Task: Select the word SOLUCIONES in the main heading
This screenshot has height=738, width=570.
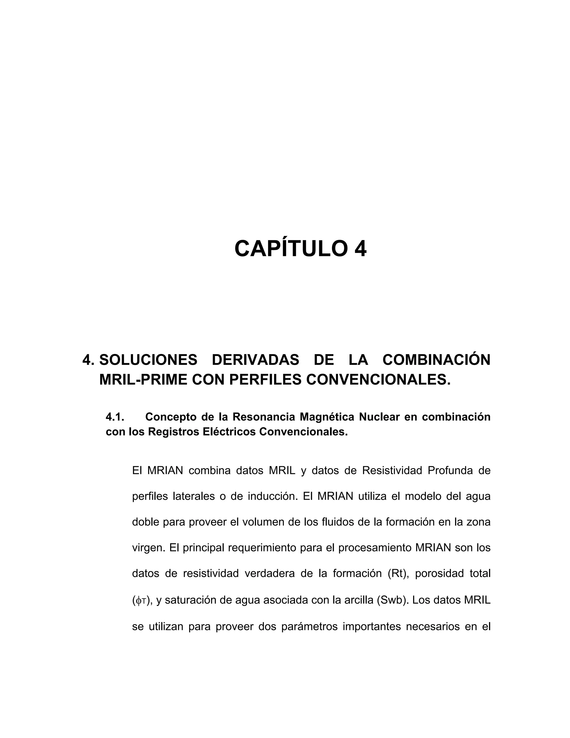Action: coord(148,360)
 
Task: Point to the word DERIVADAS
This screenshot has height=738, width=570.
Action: coord(255,360)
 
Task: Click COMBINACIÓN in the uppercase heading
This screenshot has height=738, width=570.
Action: coord(436,360)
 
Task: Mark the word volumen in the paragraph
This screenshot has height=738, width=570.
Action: coord(264,522)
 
